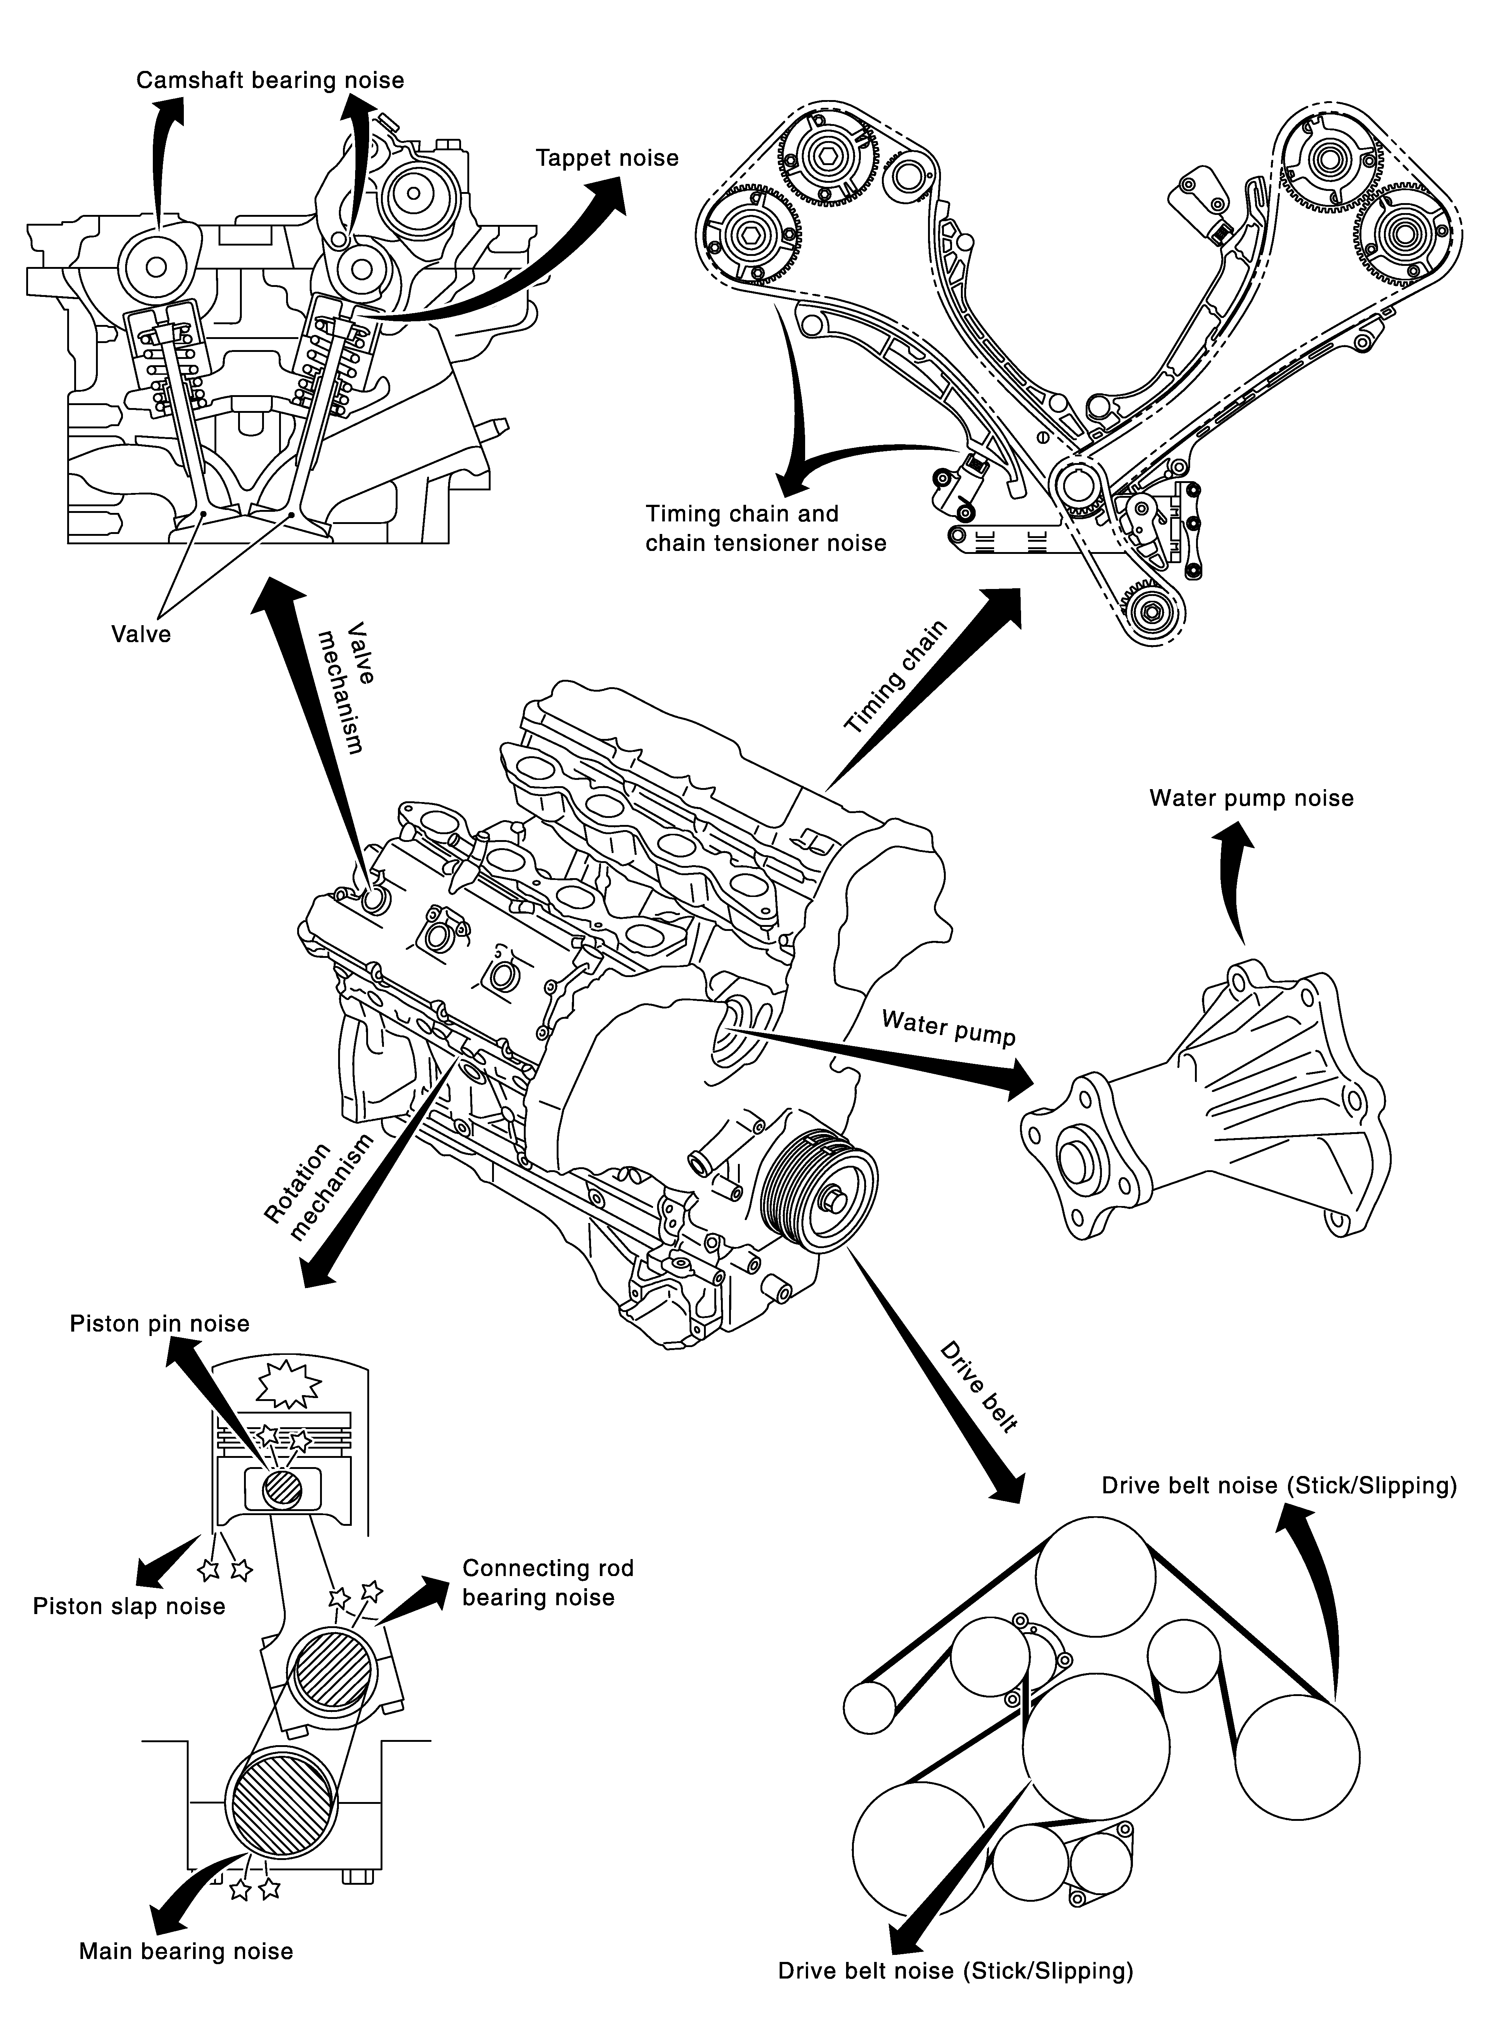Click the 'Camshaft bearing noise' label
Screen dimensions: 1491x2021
(x=270, y=81)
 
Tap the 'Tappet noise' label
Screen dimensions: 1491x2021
(x=607, y=159)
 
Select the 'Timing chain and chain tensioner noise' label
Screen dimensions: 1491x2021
(x=765, y=528)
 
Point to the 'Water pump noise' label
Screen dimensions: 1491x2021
(x=1251, y=799)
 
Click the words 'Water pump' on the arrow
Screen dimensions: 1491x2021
(x=949, y=1028)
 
